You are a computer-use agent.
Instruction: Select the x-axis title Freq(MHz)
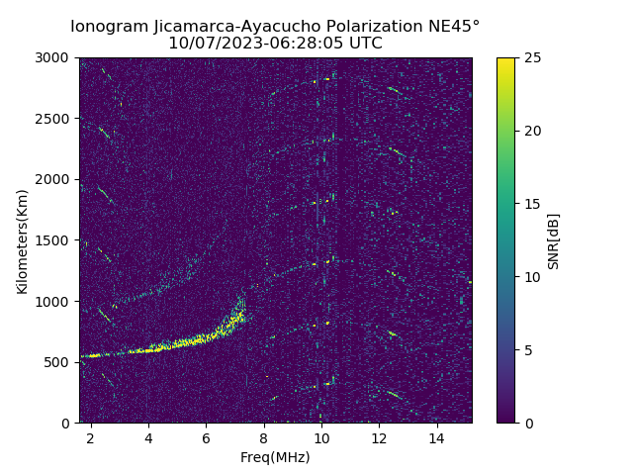(275, 457)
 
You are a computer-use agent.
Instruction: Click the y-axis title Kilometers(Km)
(22, 240)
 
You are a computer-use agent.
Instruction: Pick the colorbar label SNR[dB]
(553, 240)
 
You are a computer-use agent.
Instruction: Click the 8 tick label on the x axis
(264, 437)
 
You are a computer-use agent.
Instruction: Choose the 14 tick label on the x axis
(436, 437)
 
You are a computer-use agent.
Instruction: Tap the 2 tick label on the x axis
(91, 437)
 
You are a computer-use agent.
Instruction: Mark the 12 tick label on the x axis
(379, 437)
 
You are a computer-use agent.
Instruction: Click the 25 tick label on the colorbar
(531, 58)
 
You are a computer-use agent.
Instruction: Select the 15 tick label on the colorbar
(531, 204)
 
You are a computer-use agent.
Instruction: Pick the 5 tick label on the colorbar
(527, 350)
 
